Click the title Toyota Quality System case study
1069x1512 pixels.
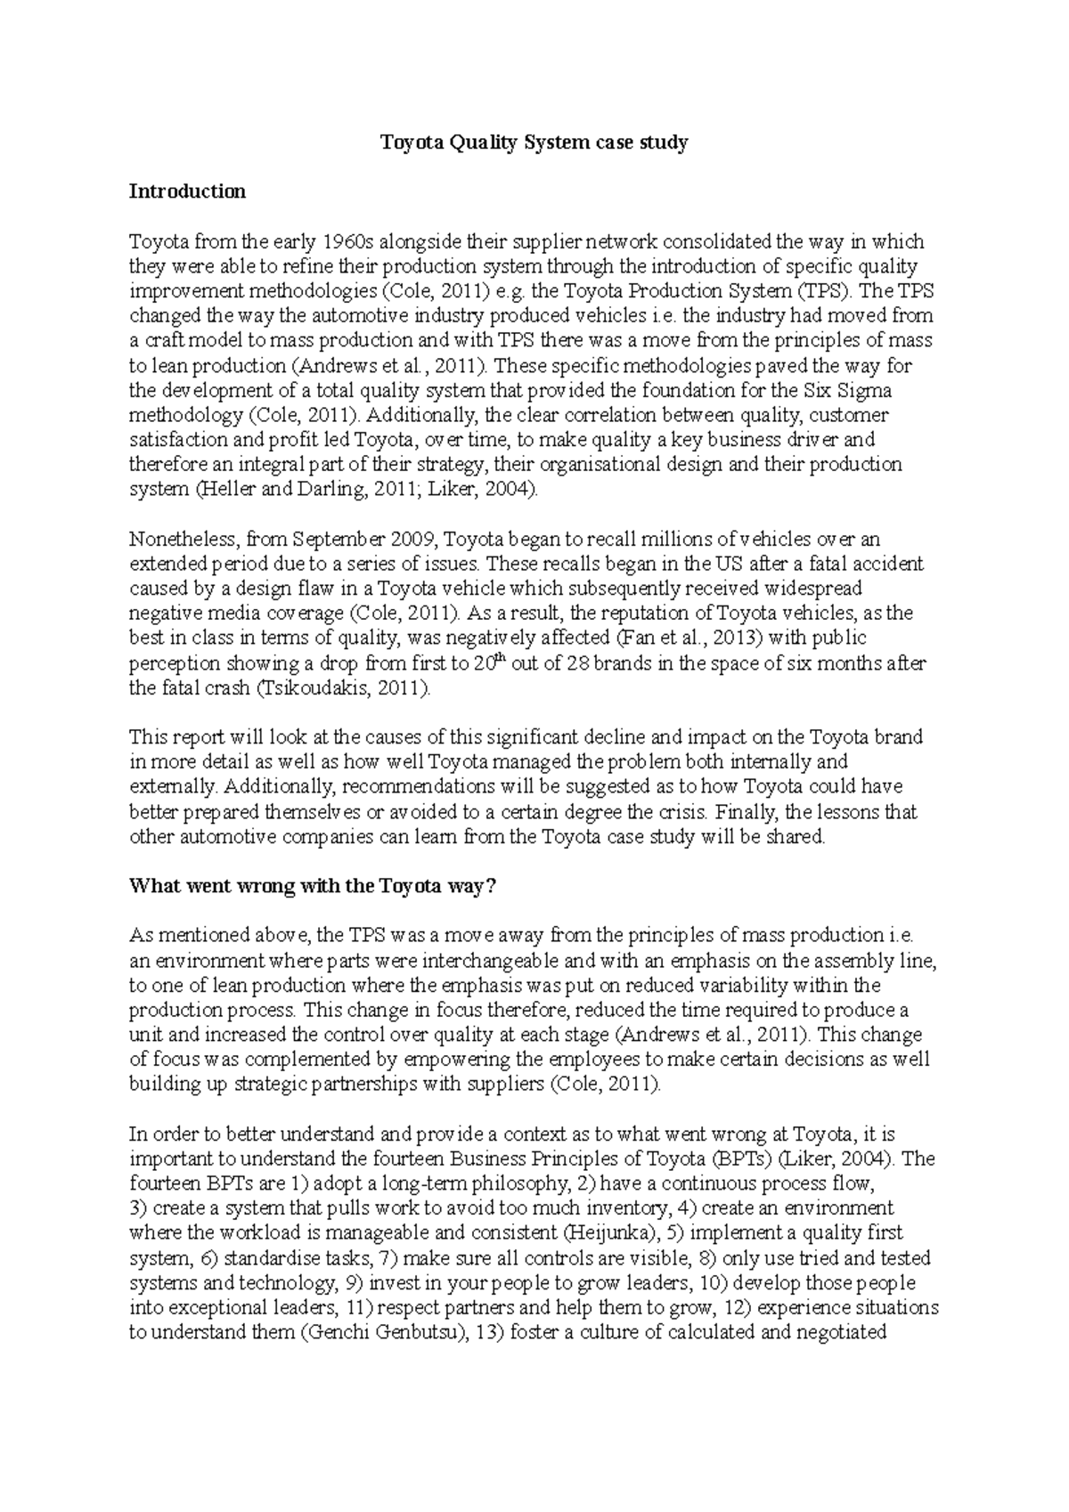pos(534,142)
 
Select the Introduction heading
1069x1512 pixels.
pos(187,191)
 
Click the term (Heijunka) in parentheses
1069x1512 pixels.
pos(613,1233)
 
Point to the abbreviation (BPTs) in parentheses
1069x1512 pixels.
pos(741,1159)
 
